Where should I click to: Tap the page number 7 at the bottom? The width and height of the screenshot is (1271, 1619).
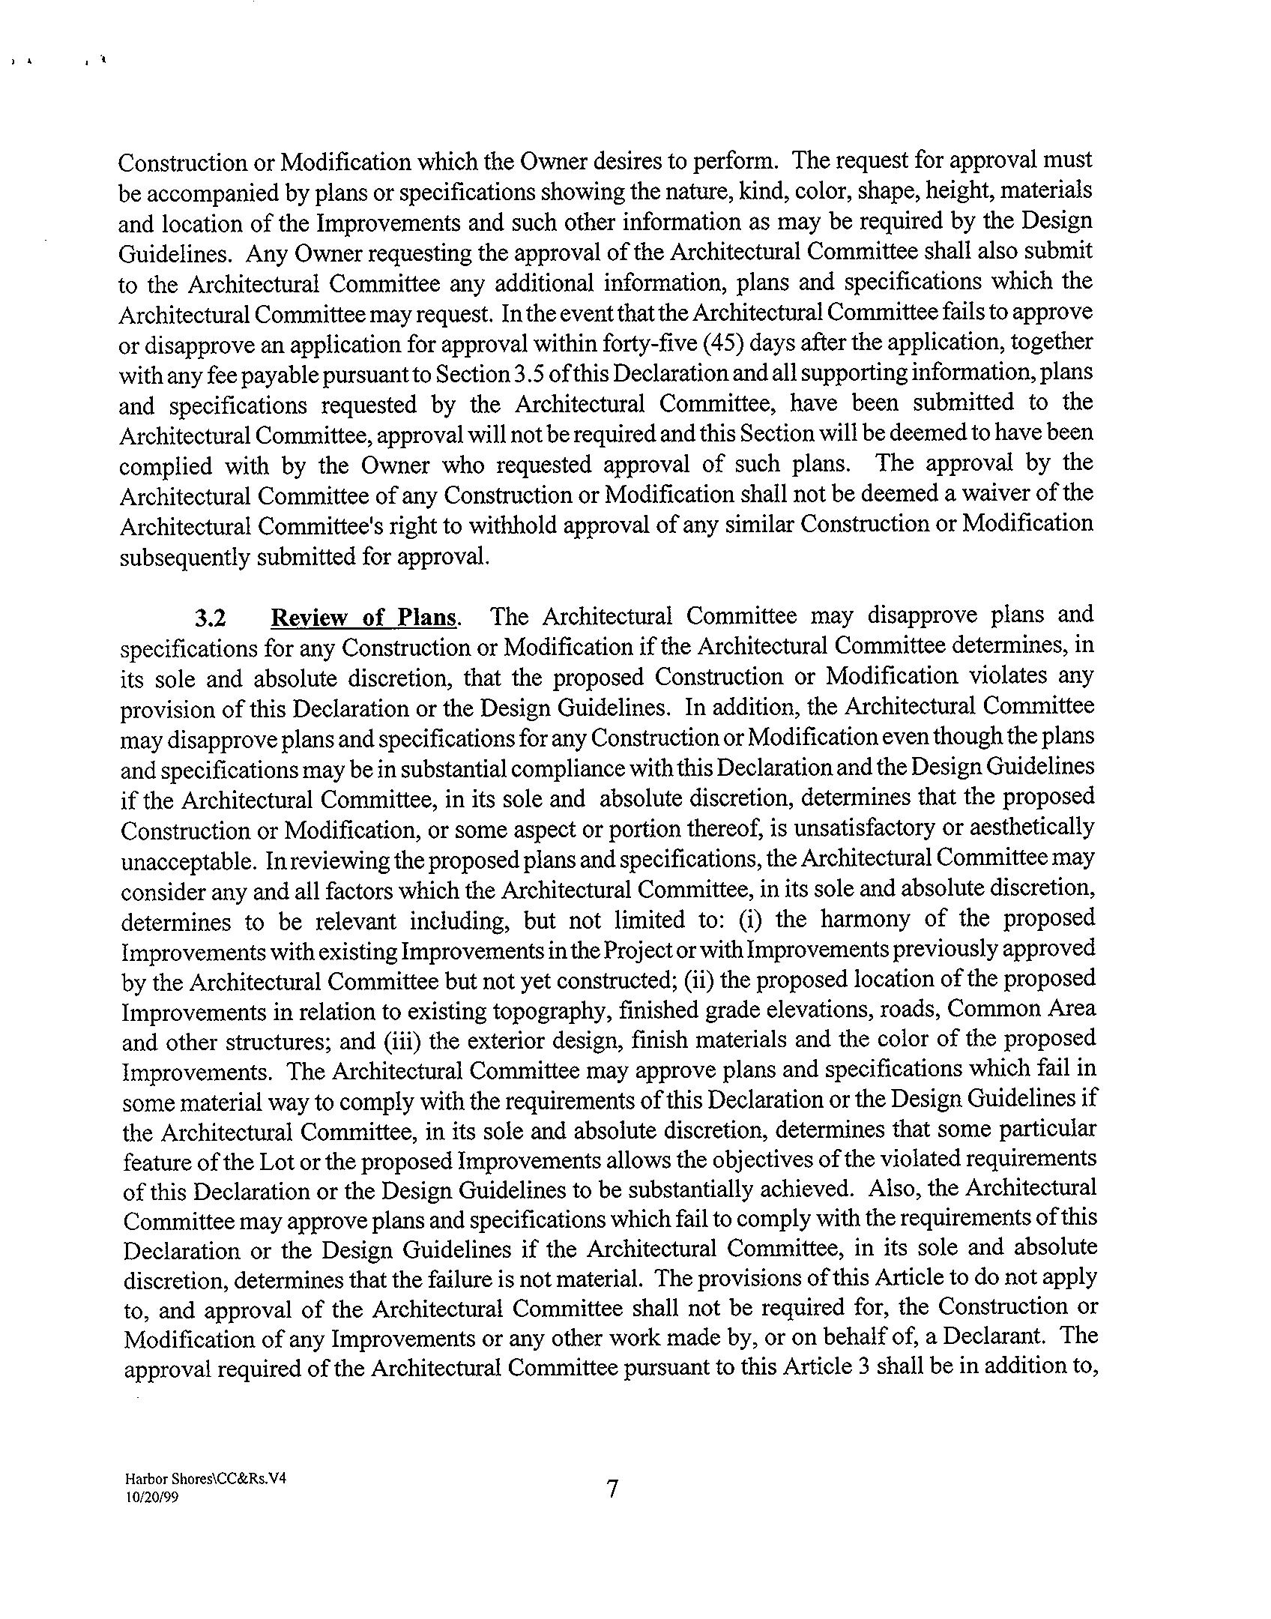612,1488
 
